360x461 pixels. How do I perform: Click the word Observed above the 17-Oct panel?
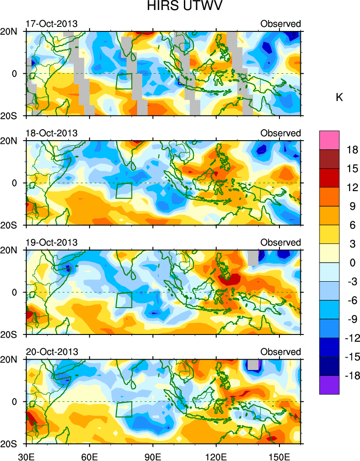click(x=280, y=24)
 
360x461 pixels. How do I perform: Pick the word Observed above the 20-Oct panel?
click(x=280, y=352)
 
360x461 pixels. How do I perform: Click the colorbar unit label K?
click(x=339, y=97)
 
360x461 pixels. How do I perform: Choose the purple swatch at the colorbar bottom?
click(x=330, y=385)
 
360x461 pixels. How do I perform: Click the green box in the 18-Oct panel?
click(x=123, y=191)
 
